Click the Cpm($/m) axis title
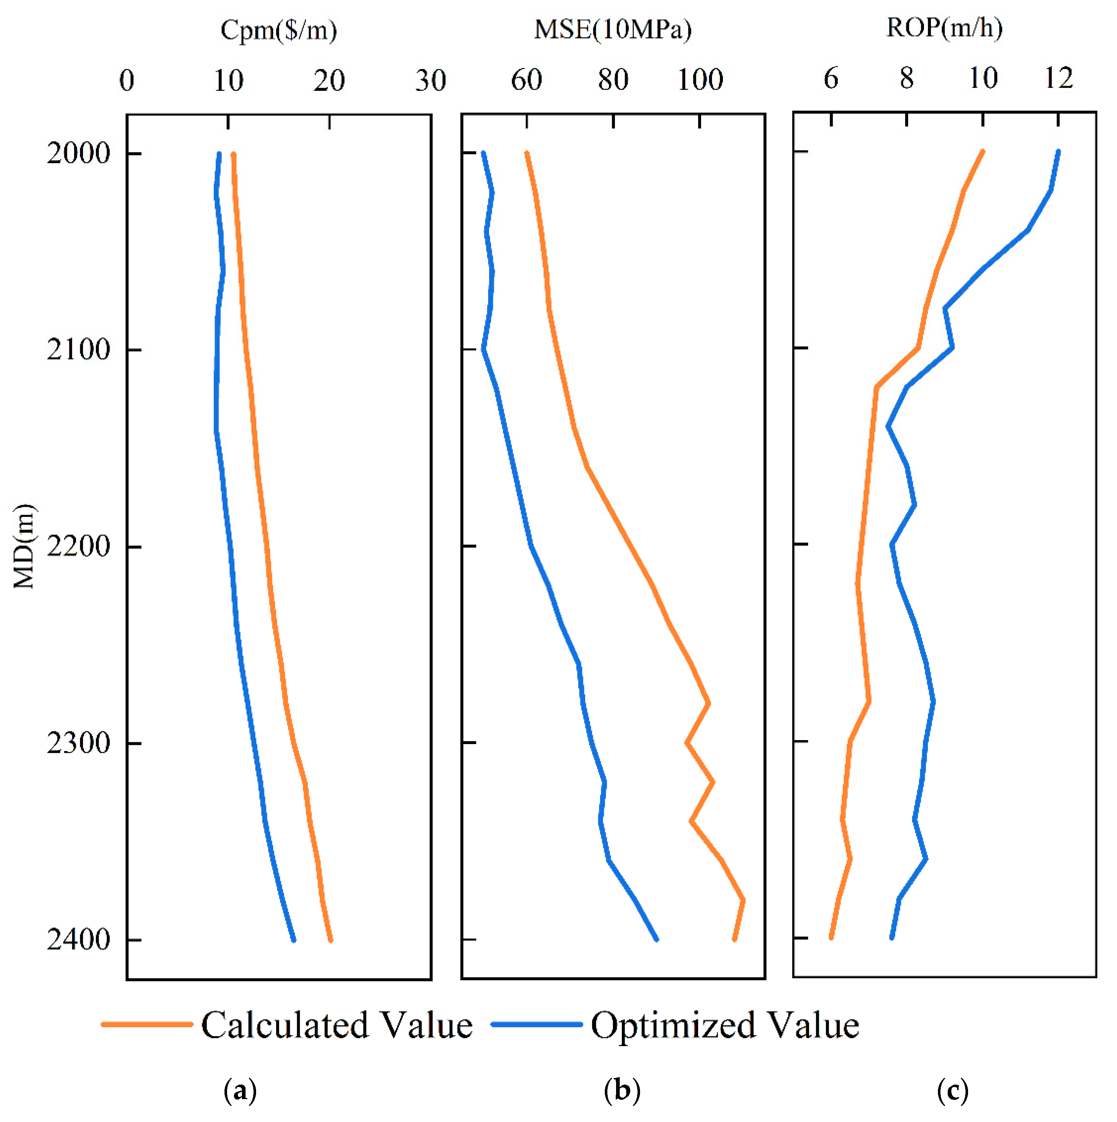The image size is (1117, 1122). tap(279, 30)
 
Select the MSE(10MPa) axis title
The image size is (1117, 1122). tap(613, 29)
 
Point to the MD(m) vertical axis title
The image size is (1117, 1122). tap(24, 546)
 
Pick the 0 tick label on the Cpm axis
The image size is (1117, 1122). tap(126, 80)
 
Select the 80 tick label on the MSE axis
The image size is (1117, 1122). tap(613, 80)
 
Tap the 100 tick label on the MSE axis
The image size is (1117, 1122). tap(700, 80)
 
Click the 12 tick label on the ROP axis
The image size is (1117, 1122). tap(1059, 78)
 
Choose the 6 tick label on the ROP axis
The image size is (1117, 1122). tap(831, 78)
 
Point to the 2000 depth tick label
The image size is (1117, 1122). tap(78, 153)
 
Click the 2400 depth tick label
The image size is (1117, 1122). tap(78, 940)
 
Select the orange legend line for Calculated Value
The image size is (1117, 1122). tap(147, 1024)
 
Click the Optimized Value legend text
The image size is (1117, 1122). tap(725, 1025)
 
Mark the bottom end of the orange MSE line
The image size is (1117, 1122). tap(734, 939)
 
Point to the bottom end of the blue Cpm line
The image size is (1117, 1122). tap(294, 940)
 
